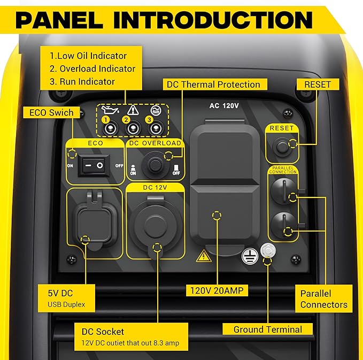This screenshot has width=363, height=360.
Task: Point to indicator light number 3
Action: point(155,129)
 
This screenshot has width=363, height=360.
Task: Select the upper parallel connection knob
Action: point(283,191)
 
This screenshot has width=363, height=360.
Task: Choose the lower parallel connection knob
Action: point(283,225)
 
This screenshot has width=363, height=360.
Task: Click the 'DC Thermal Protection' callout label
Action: point(213,85)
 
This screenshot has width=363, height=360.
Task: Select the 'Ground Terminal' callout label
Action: point(267,329)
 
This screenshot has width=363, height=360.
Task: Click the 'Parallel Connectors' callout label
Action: point(323,299)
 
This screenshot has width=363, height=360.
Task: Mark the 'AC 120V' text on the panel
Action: point(224,105)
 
